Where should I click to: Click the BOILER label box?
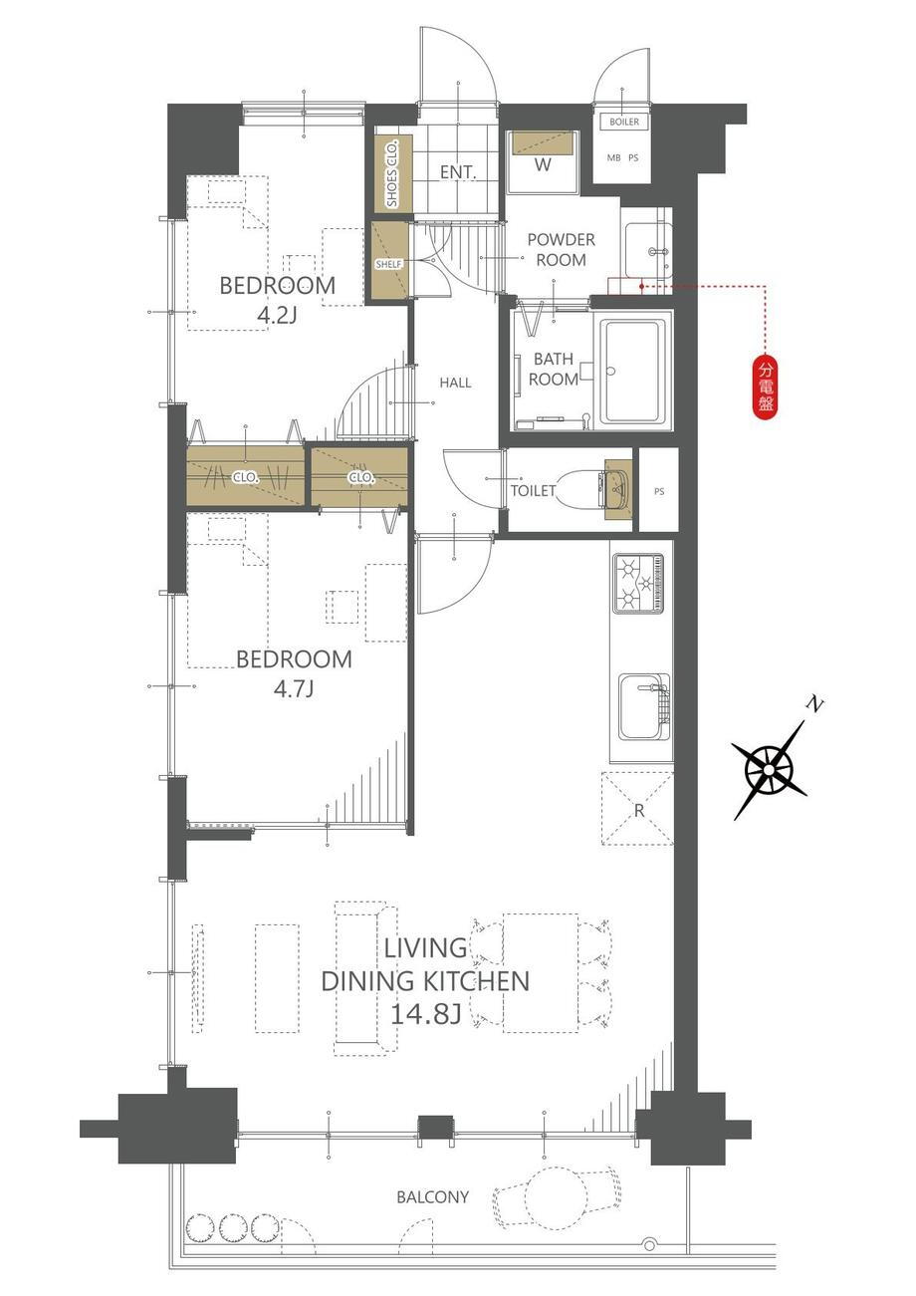(624, 122)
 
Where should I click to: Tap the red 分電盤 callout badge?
(765, 386)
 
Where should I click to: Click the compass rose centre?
(768, 771)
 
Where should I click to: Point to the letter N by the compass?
(814, 704)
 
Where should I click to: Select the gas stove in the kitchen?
(638, 583)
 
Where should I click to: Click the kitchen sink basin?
(643, 706)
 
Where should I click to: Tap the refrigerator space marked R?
(637, 808)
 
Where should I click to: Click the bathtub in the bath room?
(634, 372)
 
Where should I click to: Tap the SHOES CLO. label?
(392, 173)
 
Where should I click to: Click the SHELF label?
(388, 264)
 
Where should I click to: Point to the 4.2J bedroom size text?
(277, 316)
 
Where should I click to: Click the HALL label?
(455, 383)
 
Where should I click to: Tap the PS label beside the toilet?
(659, 491)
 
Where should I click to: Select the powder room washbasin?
(648, 250)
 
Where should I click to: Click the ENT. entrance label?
(457, 171)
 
